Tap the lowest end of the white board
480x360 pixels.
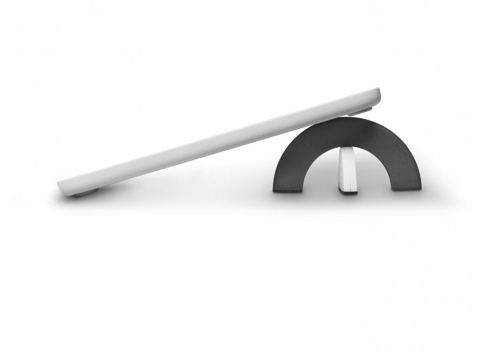tap(61, 187)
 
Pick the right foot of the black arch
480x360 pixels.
tap(406, 186)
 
